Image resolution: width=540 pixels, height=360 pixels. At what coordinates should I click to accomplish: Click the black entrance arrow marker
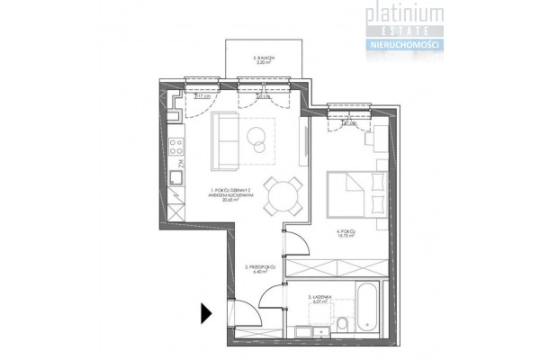[x=206, y=313]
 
